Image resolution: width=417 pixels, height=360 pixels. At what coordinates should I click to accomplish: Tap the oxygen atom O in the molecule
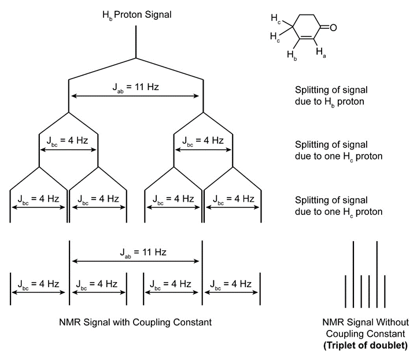coord(334,27)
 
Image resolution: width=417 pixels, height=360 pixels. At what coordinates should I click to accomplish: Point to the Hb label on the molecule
coord(292,55)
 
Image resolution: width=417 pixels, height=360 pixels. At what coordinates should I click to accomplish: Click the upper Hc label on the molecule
coord(278,21)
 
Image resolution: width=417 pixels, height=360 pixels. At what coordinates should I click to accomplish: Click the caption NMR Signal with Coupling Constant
coord(135,321)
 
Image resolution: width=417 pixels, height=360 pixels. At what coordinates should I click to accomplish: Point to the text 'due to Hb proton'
coord(331,102)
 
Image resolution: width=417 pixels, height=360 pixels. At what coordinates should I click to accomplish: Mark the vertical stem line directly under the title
coord(136,42)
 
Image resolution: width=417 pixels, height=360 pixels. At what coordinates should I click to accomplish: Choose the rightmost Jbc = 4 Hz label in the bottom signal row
coord(231,284)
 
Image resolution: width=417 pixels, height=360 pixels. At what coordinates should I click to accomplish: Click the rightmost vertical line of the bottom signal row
coord(260,287)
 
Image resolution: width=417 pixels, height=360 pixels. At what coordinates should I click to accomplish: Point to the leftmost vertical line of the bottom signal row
coord(10,287)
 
